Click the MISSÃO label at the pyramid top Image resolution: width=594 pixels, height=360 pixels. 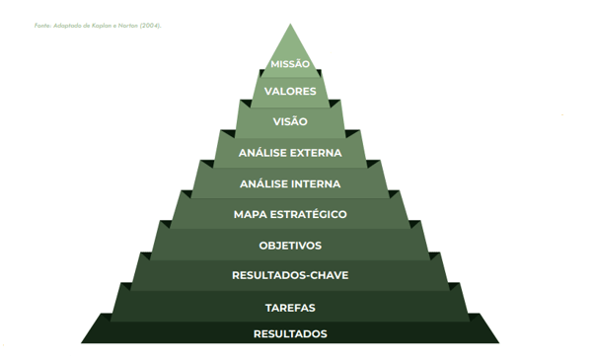point(290,63)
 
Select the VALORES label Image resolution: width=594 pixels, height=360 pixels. point(290,91)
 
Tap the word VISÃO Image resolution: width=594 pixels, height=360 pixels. point(290,121)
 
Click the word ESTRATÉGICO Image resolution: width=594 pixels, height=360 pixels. point(309,214)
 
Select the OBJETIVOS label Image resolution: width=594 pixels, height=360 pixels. point(290,246)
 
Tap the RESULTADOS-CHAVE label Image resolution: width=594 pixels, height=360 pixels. point(290,275)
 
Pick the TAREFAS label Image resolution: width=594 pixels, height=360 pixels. point(290,308)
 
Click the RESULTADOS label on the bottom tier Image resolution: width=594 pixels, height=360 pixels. point(290,334)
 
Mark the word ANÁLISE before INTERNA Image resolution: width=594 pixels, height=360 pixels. point(261,183)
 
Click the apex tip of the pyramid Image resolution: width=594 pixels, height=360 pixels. point(290,24)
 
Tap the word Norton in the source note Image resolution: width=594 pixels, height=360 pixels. point(128,26)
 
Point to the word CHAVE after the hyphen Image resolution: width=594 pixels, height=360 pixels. point(330,275)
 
